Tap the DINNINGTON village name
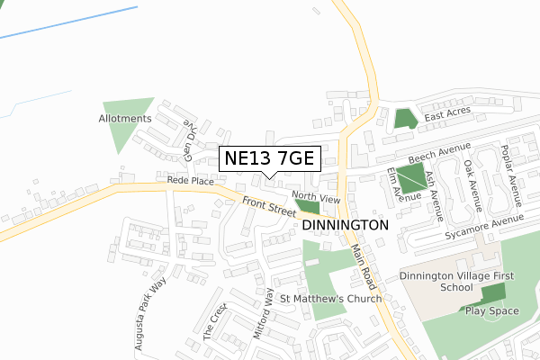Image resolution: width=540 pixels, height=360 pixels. pyautogui.click(x=346, y=224)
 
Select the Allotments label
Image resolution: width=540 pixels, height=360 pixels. pyautogui.click(x=125, y=119)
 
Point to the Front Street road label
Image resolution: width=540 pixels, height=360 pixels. pyautogui.click(x=268, y=207)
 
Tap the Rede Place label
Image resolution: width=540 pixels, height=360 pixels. pyautogui.click(x=189, y=181)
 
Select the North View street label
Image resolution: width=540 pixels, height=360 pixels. pyautogui.click(x=315, y=198)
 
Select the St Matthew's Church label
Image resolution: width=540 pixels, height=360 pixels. pyautogui.click(x=331, y=299)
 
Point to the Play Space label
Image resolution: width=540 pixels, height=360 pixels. pyautogui.click(x=491, y=310)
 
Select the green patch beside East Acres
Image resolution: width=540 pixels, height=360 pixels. pyautogui.click(x=405, y=118)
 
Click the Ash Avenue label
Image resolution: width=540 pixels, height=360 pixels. pyautogui.click(x=436, y=196)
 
